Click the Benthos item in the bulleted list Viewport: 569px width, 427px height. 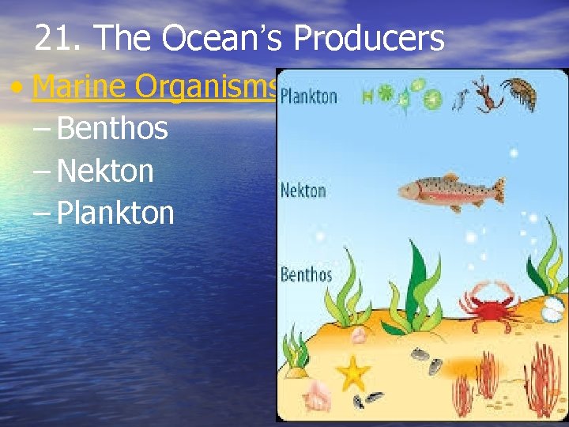pyautogui.click(x=112, y=128)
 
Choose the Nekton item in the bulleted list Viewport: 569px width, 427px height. pyautogui.click(x=105, y=170)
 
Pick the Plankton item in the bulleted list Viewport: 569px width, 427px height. pyautogui.click(x=115, y=213)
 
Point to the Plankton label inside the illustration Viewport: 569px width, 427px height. pyautogui.click(x=309, y=97)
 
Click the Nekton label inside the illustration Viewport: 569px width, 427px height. pyautogui.click(x=303, y=191)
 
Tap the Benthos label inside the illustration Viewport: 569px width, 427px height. pyautogui.click(x=306, y=275)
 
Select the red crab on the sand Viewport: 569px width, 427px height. pyautogui.click(x=488, y=303)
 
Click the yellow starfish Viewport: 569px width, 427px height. pyautogui.click(x=352, y=371)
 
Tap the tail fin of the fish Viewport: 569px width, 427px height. pyautogui.click(x=498, y=191)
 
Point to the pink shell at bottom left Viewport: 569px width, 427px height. pyautogui.click(x=318, y=392)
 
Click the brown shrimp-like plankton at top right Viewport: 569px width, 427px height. pyautogui.click(x=521, y=93)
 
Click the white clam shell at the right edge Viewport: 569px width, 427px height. pyautogui.click(x=555, y=311)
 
